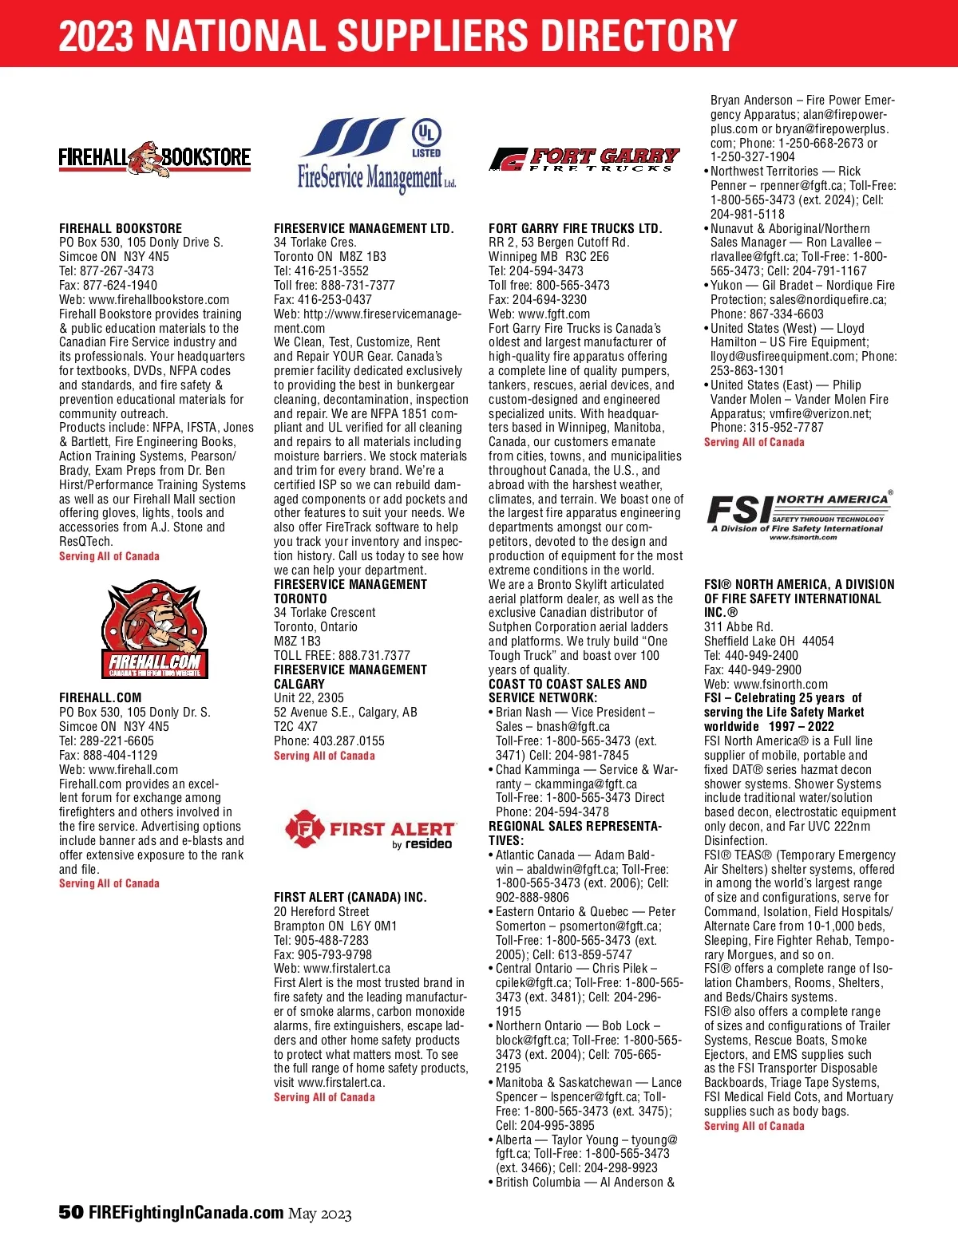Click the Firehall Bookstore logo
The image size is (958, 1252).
154,157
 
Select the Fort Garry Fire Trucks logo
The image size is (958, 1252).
584,159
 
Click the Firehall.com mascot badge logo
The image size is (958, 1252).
155,630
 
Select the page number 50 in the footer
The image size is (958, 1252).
71,1212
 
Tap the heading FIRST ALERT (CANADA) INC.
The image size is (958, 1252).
350,897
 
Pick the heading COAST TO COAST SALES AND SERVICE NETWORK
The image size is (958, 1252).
568,690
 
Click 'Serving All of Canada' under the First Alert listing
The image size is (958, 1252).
324,1097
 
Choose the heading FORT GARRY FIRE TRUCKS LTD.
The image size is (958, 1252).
575,228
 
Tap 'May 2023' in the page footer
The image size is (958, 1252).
319,1214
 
